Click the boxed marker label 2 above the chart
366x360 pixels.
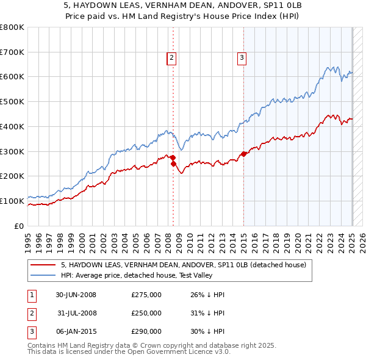(x=171, y=58)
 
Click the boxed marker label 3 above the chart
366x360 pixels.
(x=242, y=58)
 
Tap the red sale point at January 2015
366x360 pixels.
(x=243, y=154)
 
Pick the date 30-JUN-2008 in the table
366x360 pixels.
(x=76, y=295)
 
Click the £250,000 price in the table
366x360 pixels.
(x=146, y=313)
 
